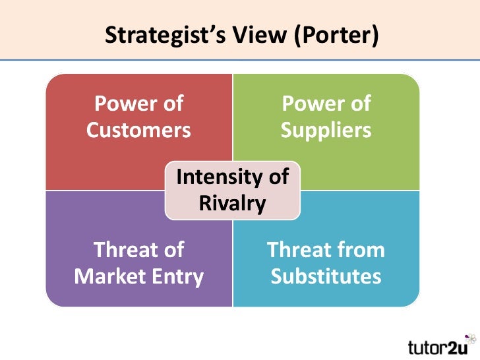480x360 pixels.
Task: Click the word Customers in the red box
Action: click(138, 130)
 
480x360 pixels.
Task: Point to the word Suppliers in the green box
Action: click(326, 130)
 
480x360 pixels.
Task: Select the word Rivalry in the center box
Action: click(232, 203)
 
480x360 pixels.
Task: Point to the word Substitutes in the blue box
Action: click(326, 276)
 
